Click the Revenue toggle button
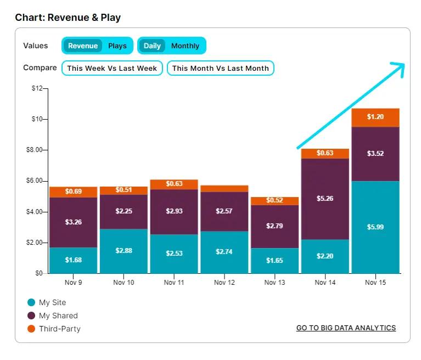click(82, 46)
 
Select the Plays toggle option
click(117, 46)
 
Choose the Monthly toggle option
click(185, 46)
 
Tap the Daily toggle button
click(152, 46)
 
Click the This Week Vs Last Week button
click(112, 68)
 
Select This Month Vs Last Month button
click(221, 68)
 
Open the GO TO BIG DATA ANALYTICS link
click(346, 328)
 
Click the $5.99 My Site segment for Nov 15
click(375, 227)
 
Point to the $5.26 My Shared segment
click(325, 199)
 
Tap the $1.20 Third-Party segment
click(375, 117)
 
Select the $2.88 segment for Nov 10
click(124, 251)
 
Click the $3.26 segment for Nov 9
click(73, 222)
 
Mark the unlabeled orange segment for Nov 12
click(224, 188)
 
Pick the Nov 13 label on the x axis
click(274, 283)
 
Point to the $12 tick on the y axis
click(37, 88)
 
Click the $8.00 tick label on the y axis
click(34, 150)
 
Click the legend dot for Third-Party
click(31, 329)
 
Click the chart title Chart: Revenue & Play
click(68, 18)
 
